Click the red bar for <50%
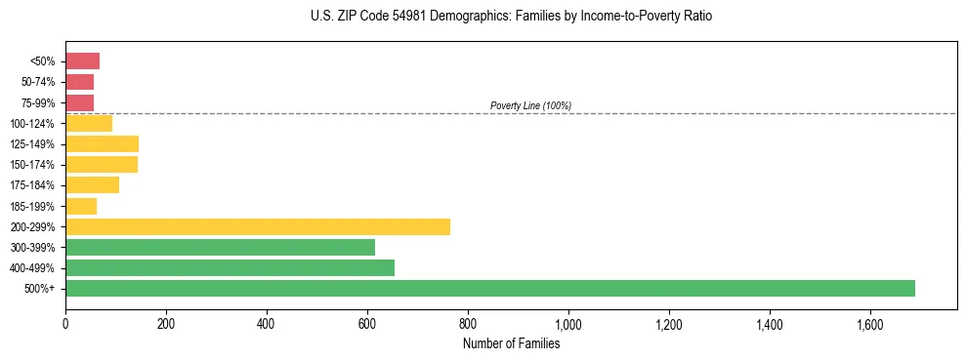82,61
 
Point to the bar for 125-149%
102,143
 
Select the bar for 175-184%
92,185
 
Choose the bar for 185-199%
81,206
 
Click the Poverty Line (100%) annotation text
530,105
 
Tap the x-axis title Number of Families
511,343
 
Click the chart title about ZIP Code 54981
511,17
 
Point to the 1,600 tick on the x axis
870,323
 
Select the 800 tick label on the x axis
468,323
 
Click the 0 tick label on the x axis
65,323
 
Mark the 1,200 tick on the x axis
669,323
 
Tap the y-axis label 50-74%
37,82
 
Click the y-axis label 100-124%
34,124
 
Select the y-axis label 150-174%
34,165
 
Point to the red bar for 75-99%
79,102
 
